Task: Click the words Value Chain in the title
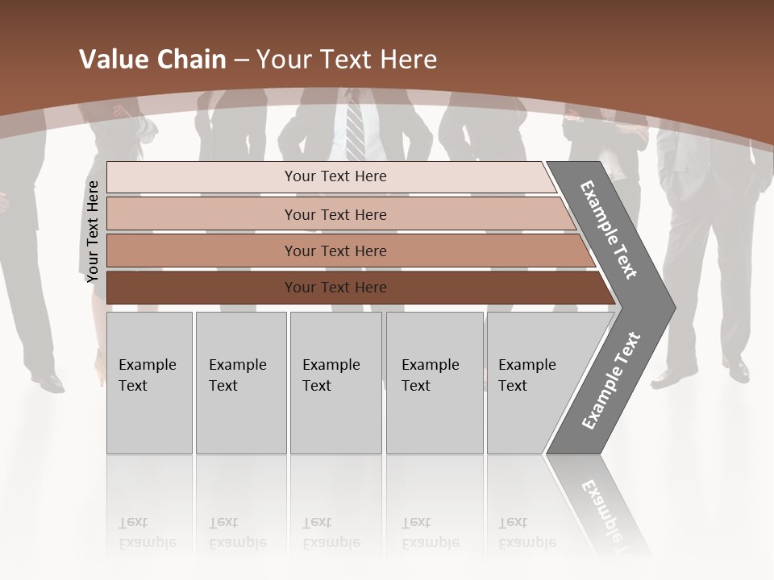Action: [152, 60]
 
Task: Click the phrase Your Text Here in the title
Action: [347, 60]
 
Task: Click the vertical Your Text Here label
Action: [93, 232]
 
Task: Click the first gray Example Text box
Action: [149, 383]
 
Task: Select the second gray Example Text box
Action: [240, 383]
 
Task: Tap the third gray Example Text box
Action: [335, 383]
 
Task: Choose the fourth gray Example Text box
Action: [434, 383]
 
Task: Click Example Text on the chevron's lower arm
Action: [611, 380]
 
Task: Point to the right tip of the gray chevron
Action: [672, 307]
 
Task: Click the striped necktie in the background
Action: [355, 129]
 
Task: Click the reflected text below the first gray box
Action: [147, 532]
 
